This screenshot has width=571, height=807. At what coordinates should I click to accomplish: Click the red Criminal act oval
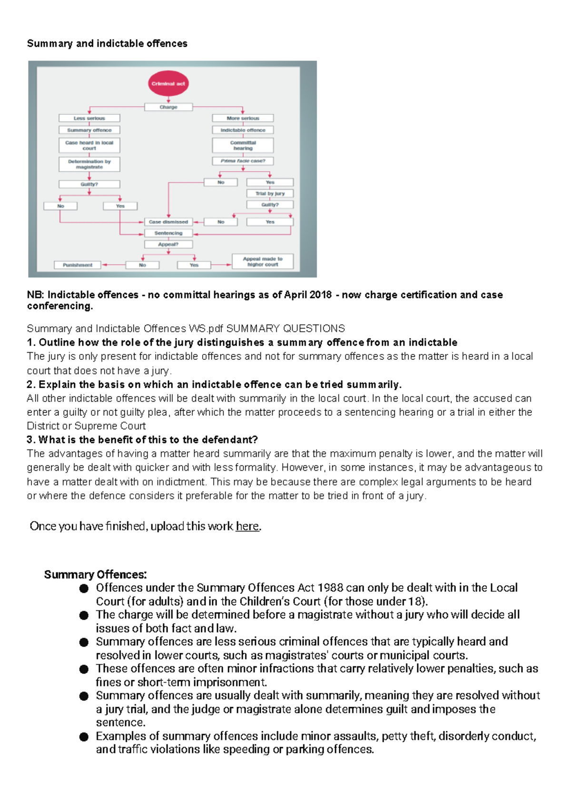coord(168,84)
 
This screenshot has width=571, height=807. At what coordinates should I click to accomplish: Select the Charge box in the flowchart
coord(168,107)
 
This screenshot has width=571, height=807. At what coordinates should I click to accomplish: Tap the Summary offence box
coord(89,130)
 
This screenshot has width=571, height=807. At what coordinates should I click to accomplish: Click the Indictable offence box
coord(243,130)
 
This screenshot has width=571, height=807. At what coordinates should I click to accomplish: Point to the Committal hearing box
coord(243,145)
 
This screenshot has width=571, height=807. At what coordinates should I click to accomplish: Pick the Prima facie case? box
coord(243,161)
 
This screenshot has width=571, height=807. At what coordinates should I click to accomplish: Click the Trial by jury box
coord(270,193)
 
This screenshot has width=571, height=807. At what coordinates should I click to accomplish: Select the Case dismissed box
coord(168,222)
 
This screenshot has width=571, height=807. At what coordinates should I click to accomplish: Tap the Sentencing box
coord(168,233)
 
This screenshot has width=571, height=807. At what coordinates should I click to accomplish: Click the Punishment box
coord(78,265)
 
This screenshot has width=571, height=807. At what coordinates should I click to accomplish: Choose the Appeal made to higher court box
coord(263,262)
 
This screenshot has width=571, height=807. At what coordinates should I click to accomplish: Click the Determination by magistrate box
coord(89,164)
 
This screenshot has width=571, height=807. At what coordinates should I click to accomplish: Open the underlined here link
coord(247,526)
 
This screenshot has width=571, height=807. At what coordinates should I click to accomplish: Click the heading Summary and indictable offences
coord(107,43)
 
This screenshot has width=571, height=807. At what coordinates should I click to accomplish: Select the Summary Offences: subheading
coord(96,574)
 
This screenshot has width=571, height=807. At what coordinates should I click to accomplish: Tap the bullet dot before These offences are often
coord(84,669)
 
